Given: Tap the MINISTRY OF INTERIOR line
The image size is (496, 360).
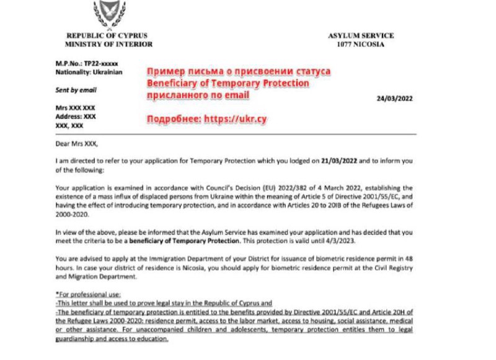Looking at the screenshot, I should point(109,45).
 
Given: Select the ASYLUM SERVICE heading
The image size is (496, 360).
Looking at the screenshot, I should point(360,36).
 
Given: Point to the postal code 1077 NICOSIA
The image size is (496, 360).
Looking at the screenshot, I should point(360,45).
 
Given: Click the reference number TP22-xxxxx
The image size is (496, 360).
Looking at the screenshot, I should point(101,64).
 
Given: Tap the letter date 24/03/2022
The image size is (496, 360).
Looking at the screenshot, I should point(394,99).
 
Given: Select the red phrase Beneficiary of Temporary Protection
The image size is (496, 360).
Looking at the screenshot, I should point(228,84).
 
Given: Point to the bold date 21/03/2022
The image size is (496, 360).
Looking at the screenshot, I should point(339,160).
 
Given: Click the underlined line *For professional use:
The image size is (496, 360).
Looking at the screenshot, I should point(89,294).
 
